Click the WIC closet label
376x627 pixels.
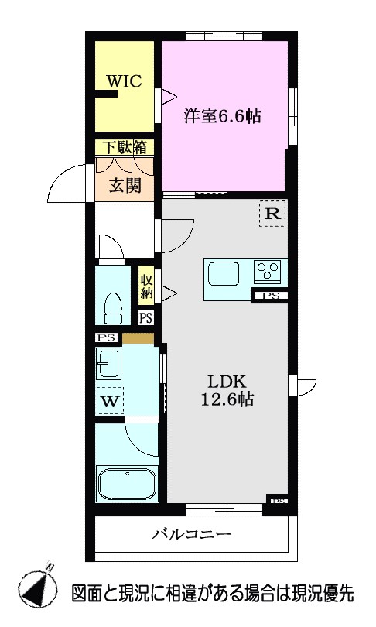125,81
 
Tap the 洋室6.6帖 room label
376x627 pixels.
222,117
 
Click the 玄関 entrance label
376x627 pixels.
125,186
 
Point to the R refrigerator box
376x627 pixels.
272,214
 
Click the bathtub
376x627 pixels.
126,485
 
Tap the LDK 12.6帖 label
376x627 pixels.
225,391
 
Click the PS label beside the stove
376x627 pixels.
271,295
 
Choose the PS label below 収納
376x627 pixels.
145,317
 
